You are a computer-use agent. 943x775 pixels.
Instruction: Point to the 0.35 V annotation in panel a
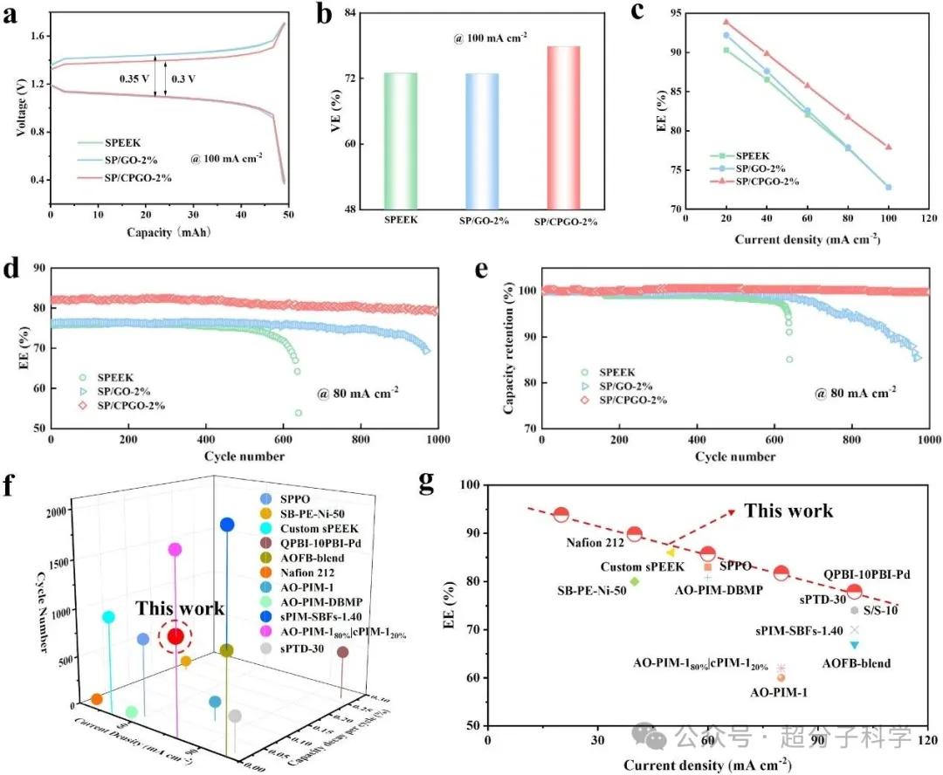135,78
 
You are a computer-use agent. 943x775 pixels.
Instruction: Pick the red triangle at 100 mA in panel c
888,147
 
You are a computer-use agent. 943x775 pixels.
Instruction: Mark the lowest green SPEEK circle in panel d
299,413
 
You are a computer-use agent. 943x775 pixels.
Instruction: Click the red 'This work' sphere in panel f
176,636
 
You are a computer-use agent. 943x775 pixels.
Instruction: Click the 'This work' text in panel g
788,511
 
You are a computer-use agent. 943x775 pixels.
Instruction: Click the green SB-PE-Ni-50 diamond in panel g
635,581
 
